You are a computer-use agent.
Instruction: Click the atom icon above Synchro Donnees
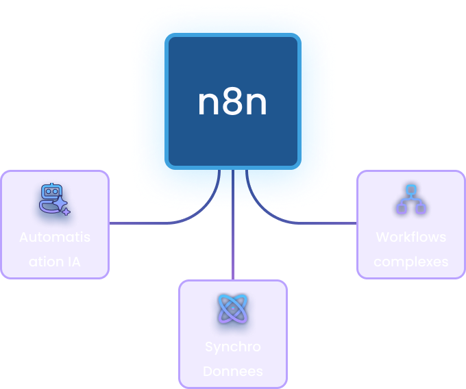233,309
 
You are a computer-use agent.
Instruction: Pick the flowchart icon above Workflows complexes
411,199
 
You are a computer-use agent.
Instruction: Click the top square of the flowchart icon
411,190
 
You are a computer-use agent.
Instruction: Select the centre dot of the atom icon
233,309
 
